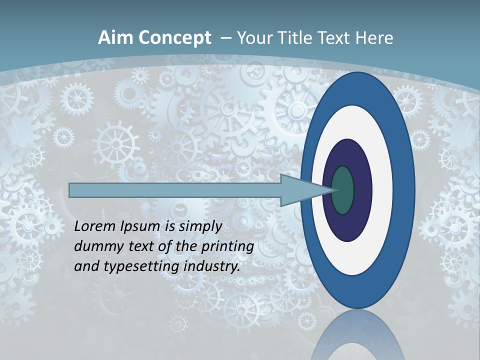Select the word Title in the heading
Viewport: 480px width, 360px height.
[x=297, y=38]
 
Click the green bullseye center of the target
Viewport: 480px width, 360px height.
[x=343, y=190]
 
